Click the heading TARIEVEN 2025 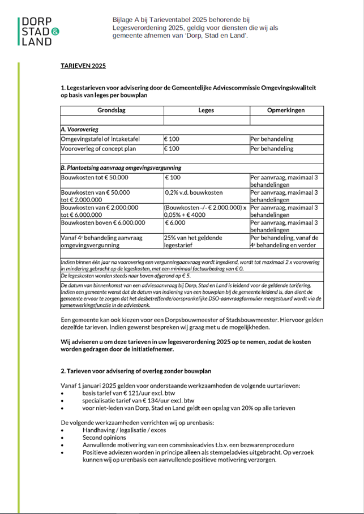[x=83, y=66]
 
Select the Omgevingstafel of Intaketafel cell [x=100, y=139]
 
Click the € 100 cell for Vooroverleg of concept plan [x=172, y=149]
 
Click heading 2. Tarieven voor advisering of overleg [x=136, y=371]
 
